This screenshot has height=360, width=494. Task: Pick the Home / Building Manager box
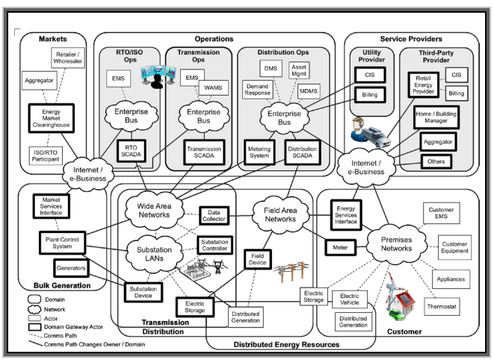click(x=437, y=117)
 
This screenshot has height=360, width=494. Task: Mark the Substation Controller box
click(x=214, y=246)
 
